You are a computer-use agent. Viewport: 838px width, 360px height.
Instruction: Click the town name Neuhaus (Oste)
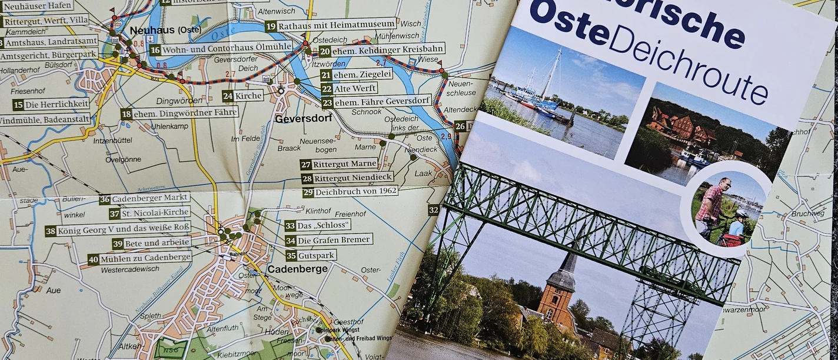pos(157,30)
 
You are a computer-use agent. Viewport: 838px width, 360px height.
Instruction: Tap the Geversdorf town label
pos(303,118)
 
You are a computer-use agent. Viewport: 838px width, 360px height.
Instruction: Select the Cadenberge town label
pos(297,269)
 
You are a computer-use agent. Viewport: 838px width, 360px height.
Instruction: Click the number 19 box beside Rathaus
pos(271,26)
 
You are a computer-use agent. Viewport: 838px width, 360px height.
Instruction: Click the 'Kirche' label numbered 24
pos(248,95)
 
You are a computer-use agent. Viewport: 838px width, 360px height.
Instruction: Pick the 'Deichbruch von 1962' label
pos(356,192)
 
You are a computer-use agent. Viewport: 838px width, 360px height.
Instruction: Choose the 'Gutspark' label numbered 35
pos(317,255)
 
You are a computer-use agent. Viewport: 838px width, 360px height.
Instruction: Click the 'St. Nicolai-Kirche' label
pos(156,213)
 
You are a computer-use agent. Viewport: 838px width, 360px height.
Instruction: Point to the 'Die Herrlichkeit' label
pos(57,104)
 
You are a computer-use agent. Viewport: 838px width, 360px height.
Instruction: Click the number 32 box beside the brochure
pos(434,210)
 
